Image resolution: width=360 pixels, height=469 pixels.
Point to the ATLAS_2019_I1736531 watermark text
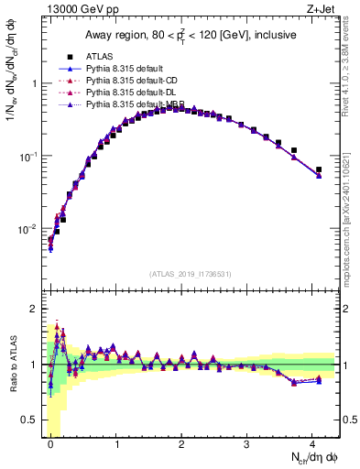(191, 274)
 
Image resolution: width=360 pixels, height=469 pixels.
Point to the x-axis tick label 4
(312, 442)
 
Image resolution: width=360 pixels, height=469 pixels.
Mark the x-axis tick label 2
(181, 442)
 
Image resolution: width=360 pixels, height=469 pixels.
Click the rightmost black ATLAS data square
(319, 169)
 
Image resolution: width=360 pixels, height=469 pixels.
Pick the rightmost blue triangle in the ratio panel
(319, 380)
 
